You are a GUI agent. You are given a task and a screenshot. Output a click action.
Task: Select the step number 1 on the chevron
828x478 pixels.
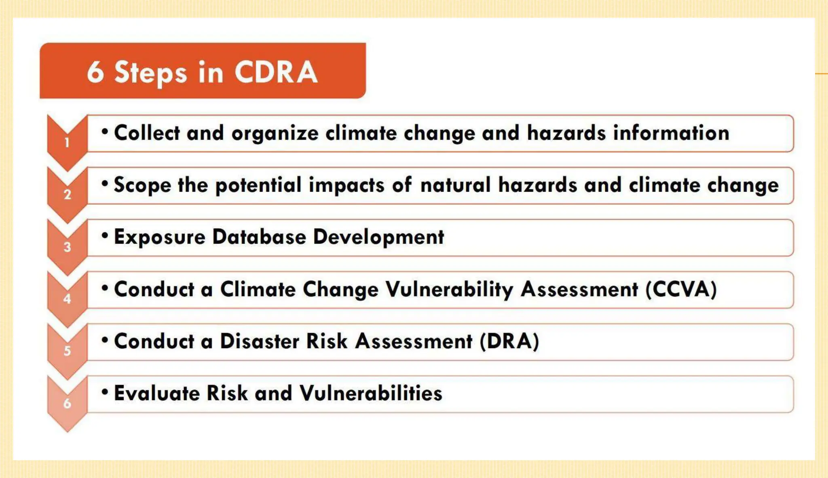(67, 142)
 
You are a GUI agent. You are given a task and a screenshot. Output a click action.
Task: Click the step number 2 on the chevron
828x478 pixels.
(67, 195)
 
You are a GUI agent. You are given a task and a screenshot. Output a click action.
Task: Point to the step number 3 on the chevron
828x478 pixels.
(67, 247)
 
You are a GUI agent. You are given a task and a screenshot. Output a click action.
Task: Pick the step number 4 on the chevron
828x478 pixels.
(67, 299)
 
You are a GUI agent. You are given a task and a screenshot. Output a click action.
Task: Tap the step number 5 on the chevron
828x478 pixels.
(67, 351)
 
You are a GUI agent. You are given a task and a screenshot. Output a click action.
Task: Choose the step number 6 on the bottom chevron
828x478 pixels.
(67, 403)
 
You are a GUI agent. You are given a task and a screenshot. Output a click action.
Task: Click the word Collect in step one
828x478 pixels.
(147, 133)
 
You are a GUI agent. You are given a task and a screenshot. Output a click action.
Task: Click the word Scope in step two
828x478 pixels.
(142, 185)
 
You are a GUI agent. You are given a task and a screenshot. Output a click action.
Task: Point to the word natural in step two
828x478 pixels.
(455, 185)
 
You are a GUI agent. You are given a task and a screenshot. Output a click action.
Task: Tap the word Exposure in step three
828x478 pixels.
(160, 237)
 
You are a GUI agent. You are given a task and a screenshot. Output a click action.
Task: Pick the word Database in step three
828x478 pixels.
(259, 237)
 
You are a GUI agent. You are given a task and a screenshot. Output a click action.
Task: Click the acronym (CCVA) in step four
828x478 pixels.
(681, 289)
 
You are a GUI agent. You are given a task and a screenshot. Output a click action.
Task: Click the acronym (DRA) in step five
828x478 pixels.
(509, 341)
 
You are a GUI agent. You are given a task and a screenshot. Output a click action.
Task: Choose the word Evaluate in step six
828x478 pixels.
(157, 393)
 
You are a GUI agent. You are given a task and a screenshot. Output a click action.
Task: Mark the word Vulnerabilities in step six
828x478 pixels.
(371, 393)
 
